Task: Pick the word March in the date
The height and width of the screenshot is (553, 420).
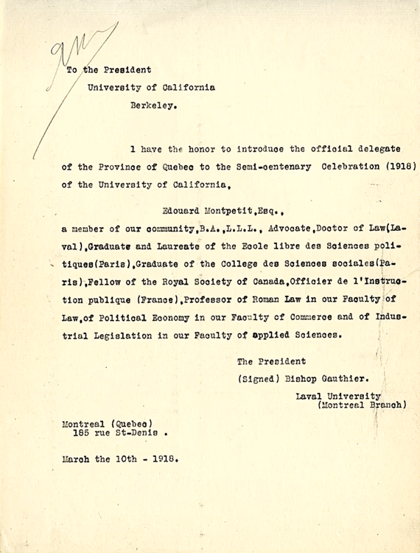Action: pos(77,458)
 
